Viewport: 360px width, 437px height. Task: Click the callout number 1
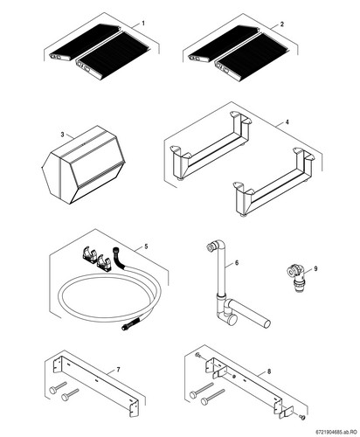coord(142,23)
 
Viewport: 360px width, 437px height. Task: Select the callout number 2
coord(281,24)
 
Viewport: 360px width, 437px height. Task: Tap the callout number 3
coord(62,135)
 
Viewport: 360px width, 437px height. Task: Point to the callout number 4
coord(287,121)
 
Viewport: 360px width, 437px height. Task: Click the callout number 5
coord(146,246)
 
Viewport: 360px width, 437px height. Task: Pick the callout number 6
coord(237,263)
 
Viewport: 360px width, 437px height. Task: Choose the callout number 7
coord(118,370)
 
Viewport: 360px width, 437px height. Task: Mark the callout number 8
coord(269,371)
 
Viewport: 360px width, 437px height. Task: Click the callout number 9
coord(315,268)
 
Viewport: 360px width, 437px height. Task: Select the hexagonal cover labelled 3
coord(84,165)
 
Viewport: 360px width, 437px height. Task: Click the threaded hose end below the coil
coord(128,326)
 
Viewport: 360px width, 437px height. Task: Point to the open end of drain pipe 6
coord(267,324)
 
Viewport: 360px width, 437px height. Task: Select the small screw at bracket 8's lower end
coord(303,418)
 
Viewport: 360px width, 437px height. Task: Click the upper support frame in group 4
coord(211,144)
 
